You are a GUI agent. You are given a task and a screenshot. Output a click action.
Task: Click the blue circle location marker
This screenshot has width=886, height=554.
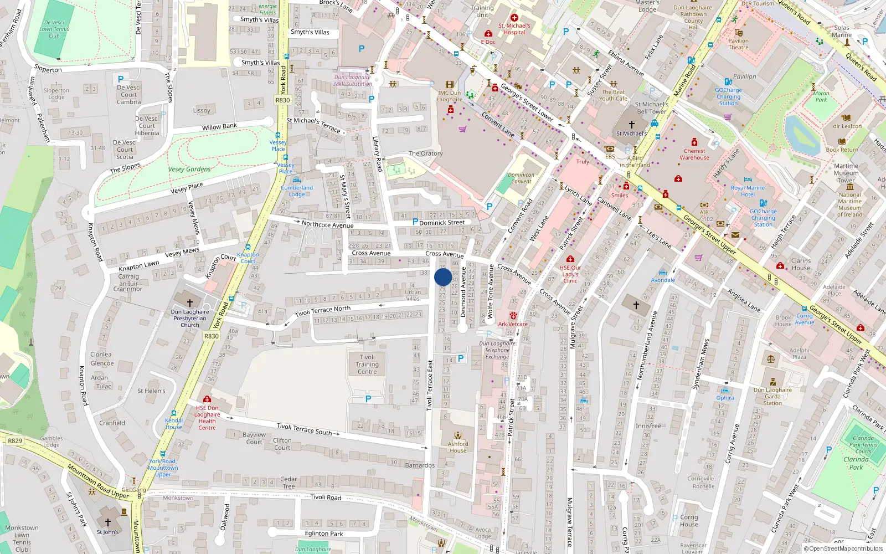click(443, 278)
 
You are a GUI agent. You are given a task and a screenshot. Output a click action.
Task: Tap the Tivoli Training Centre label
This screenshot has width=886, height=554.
click(367, 365)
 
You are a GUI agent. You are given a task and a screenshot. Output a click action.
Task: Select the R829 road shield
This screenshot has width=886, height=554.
click(15, 441)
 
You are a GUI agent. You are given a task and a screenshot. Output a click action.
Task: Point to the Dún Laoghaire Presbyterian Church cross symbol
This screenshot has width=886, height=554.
click(190, 302)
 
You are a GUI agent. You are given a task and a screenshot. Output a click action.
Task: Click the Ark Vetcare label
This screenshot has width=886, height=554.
click(513, 324)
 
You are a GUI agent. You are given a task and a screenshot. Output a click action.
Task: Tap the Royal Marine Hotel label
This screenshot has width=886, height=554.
click(748, 191)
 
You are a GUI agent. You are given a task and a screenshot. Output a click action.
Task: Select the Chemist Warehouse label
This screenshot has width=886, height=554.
click(694, 154)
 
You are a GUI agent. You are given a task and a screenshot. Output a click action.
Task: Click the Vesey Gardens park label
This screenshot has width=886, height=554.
click(189, 169)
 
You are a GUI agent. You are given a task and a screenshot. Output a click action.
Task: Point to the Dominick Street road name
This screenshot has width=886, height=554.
click(441, 223)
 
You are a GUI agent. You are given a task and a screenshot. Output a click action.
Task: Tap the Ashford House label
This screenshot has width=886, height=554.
click(458, 447)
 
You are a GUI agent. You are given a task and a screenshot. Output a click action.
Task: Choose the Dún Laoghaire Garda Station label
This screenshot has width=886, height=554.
click(772, 396)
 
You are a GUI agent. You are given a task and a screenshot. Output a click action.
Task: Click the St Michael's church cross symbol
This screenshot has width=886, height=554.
click(631, 125)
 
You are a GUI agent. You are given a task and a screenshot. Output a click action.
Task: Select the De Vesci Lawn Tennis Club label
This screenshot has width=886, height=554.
click(54, 29)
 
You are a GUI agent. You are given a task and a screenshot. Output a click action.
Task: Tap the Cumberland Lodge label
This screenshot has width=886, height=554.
click(297, 191)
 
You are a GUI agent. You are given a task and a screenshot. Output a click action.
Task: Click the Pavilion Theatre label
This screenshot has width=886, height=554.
click(738, 44)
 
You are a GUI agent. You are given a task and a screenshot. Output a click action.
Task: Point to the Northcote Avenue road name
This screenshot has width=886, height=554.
click(327, 224)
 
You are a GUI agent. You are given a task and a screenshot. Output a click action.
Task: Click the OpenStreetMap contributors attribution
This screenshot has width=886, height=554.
click(846, 548)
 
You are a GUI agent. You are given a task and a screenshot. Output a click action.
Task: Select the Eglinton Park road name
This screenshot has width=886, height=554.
click(324, 534)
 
